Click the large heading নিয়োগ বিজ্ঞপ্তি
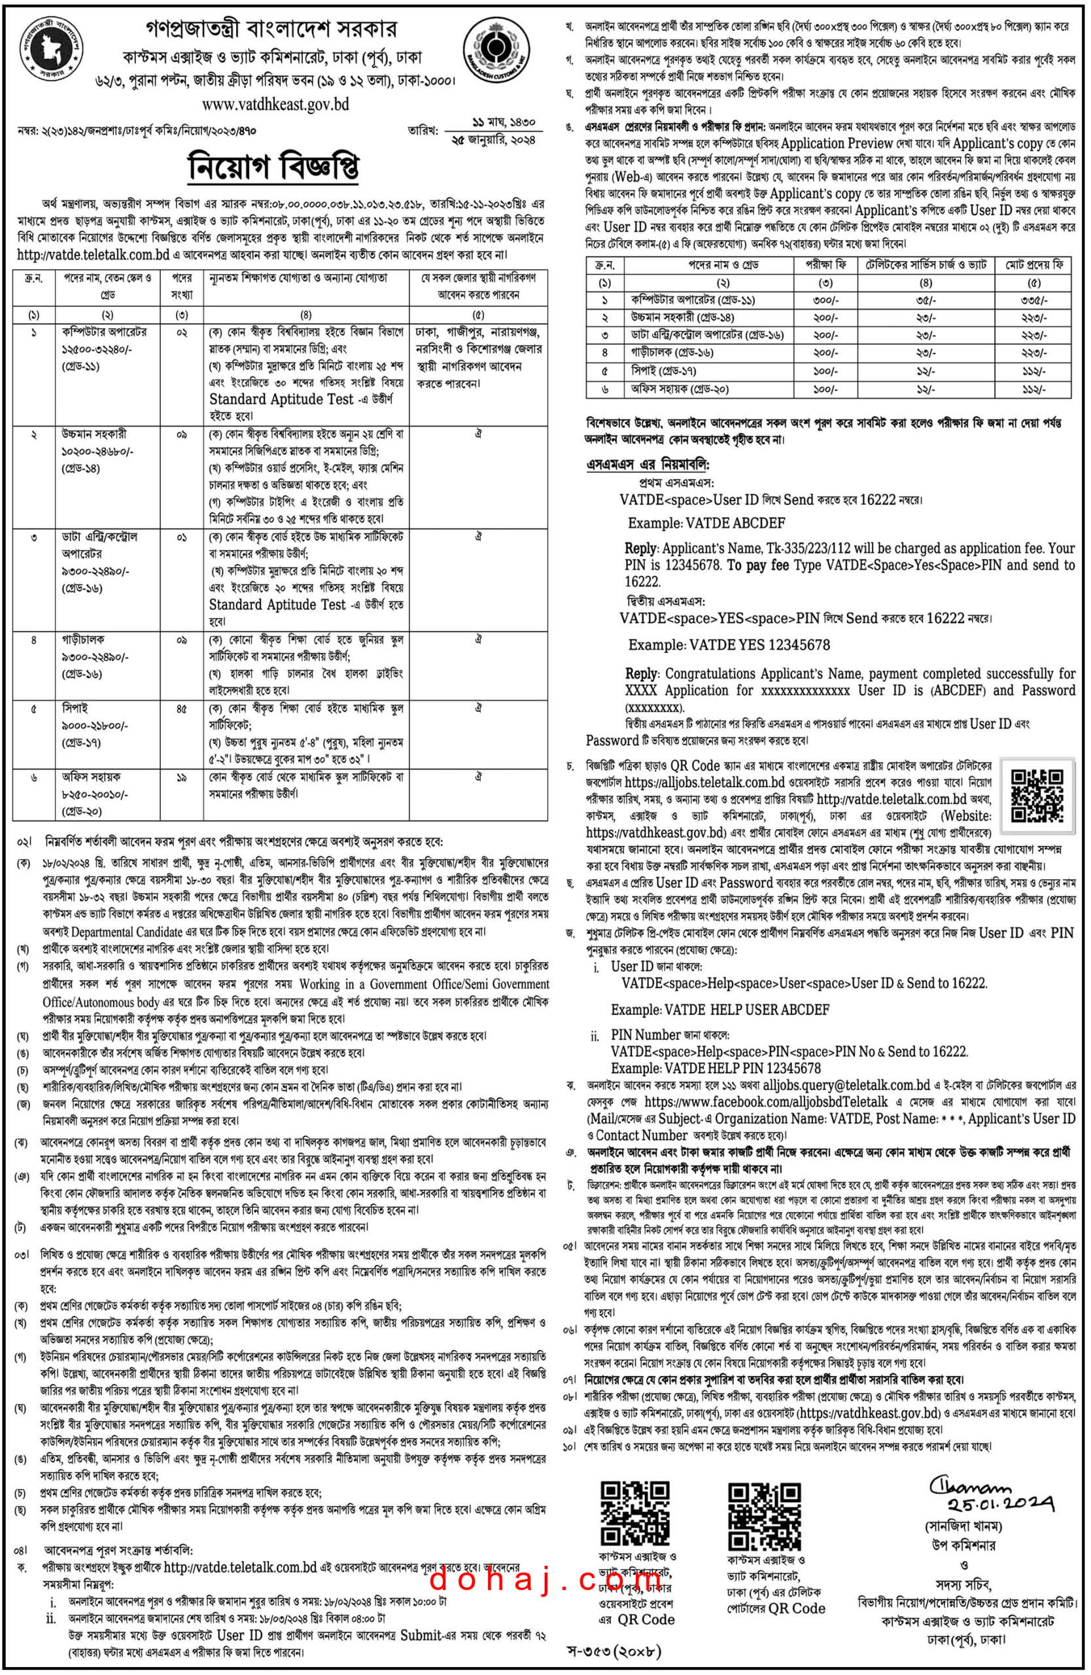274,167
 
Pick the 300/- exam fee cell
825,300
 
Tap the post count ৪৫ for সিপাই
181,709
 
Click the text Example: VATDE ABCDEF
706,523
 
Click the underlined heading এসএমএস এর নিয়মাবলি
648,465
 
